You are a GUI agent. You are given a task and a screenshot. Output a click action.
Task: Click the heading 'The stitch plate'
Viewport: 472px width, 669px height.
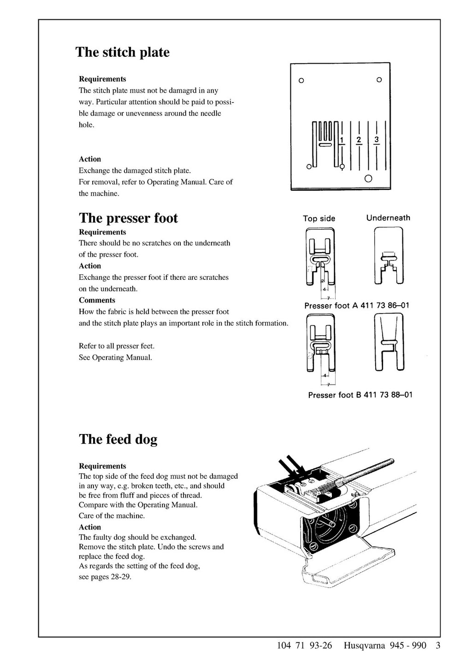(x=122, y=52)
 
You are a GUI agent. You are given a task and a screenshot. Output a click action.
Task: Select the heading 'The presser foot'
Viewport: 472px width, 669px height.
(x=128, y=218)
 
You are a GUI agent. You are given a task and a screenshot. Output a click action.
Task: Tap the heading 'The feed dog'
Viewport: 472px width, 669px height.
(x=118, y=439)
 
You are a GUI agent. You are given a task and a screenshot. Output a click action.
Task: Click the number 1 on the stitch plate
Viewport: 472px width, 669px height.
(x=342, y=139)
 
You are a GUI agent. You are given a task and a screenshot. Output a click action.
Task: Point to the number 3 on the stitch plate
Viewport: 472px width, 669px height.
(x=377, y=139)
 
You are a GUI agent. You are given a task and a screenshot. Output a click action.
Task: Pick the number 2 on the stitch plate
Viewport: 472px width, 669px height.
(x=359, y=139)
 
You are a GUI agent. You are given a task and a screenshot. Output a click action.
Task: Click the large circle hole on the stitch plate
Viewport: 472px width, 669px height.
(x=368, y=179)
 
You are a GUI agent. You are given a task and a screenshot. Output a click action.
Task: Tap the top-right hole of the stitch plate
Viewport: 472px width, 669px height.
(x=379, y=80)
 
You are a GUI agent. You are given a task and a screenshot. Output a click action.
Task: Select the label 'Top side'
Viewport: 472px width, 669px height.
(x=319, y=218)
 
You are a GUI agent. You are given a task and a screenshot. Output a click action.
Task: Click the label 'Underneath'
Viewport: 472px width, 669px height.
(x=388, y=218)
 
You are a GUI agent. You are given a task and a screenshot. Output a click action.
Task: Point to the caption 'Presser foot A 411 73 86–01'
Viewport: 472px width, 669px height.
(x=356, y=306)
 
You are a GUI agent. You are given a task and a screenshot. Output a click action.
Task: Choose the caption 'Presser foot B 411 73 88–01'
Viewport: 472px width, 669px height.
(x=360, y=395)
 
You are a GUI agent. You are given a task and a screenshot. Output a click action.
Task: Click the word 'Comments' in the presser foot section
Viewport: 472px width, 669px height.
(x=97, y=300)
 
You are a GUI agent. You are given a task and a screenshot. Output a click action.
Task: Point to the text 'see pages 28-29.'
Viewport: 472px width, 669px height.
(x=105, y=577)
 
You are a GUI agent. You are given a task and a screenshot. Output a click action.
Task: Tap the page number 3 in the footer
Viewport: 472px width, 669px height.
(x=437, y=645)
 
